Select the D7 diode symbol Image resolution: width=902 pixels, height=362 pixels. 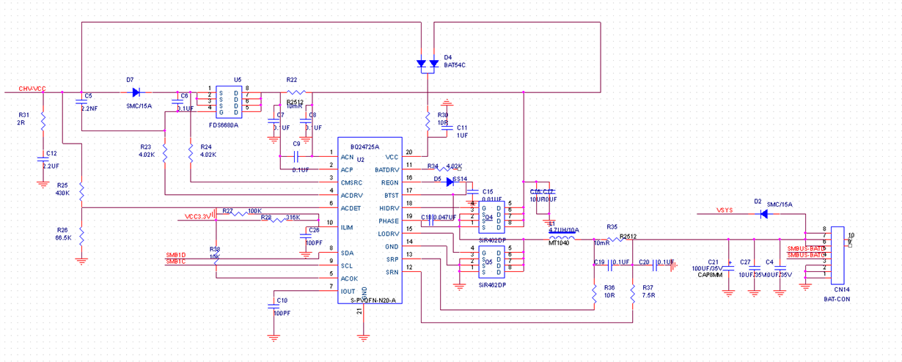tap(136, 92)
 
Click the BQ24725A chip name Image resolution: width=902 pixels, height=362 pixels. tap(364, 147)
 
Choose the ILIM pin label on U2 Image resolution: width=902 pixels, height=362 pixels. tap(348, 228)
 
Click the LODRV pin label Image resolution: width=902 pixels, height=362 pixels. tap(389, 233)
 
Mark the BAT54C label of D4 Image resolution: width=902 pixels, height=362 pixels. tap(455, 65)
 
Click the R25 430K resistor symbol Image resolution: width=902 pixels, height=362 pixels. tap(81, 191)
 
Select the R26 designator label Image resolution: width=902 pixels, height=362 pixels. tap(63, 230)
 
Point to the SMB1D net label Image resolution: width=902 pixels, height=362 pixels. tap(176, 255)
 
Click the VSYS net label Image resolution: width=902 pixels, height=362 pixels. tap(726, 211)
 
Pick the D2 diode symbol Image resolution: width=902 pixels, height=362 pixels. tap(763, 214)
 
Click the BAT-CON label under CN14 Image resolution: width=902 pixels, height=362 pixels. tap(835, 300)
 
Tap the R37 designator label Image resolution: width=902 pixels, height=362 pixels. tap(647, 288)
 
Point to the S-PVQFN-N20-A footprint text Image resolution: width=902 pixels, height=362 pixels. tap(373, 300)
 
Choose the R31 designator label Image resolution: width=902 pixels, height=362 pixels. tap(24, 114)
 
